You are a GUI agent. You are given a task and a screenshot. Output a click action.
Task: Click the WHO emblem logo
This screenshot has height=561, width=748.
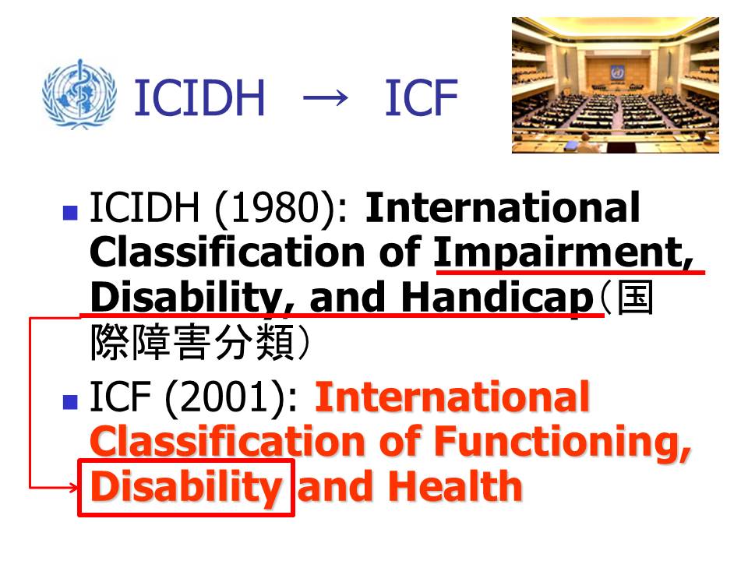(79, 94)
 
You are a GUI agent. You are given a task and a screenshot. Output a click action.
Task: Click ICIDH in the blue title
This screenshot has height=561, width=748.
(199, 98)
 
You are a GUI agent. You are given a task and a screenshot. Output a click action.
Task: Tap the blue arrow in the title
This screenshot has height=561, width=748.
(326, 98)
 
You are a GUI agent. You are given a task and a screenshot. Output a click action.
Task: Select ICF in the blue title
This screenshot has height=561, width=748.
(422, 98)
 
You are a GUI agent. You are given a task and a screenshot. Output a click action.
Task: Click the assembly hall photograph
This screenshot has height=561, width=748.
(616, 85)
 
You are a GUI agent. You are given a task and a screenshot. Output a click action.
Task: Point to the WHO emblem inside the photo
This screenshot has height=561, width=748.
(616, 73)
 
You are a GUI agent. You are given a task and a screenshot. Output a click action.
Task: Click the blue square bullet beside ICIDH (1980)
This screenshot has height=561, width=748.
(70, 213)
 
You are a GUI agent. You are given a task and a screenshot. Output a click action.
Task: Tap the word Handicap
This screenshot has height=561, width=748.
(497, 298)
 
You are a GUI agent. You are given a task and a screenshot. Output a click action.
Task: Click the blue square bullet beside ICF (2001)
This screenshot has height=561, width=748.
(70, 402)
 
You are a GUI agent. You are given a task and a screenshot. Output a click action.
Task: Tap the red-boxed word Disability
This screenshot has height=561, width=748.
(185, 486)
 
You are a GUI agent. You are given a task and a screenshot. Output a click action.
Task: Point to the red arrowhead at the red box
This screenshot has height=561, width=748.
(73, 488)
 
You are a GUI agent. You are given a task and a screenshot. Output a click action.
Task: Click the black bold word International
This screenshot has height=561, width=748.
(502, 207)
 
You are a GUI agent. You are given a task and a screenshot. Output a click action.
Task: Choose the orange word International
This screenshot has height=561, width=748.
(452, 396)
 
